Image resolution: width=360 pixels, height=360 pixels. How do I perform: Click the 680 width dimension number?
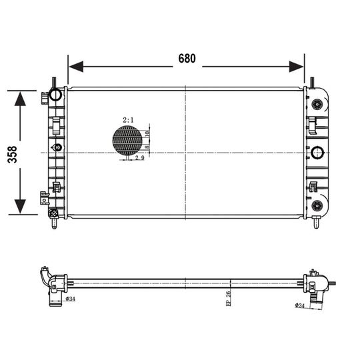(187, 59)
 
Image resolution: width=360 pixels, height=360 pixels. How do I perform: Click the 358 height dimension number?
(13, 155)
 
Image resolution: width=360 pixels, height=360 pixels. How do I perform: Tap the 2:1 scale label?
(128, 120)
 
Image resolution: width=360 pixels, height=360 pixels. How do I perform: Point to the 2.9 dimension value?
(139, 158)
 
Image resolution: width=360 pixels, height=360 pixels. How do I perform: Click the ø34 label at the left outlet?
(70, 299)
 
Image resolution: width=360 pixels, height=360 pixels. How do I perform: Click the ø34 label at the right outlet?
(299, 305)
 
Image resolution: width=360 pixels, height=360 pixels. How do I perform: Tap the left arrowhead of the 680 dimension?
(76, 67)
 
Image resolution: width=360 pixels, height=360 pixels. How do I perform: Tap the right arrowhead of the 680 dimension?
(296, 67)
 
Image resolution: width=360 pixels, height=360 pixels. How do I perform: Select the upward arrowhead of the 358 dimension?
(20, 99)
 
